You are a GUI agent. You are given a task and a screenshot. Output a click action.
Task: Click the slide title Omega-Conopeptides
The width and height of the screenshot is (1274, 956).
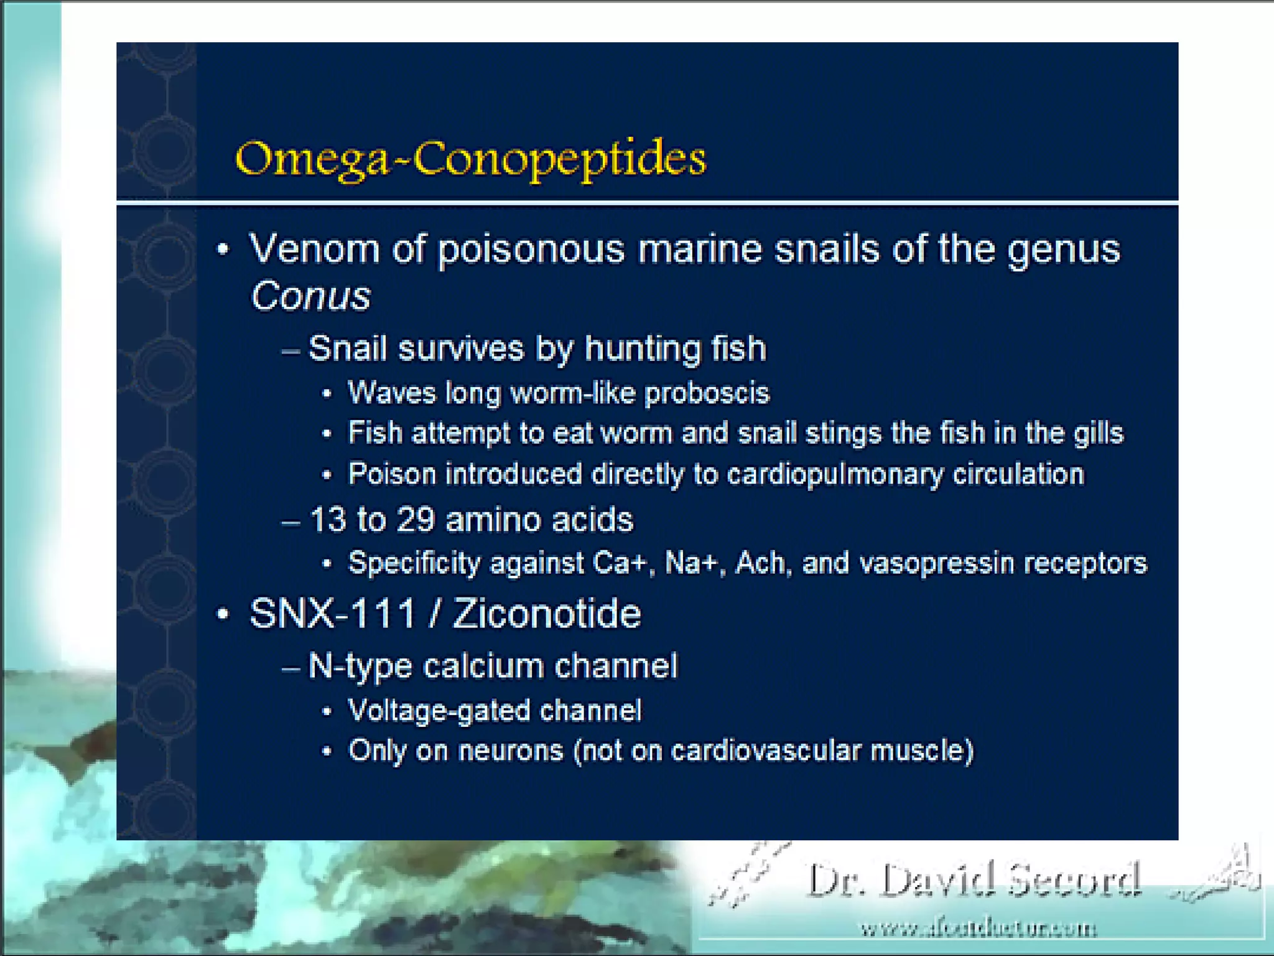[x=470, y=159]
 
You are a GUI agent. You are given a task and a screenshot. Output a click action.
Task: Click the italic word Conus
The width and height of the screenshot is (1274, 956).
[x=310, y=296]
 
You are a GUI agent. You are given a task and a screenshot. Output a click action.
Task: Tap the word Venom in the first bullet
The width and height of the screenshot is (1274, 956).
[x=314, y=249]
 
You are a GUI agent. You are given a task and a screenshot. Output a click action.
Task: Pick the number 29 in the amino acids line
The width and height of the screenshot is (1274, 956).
[x=415, y=520]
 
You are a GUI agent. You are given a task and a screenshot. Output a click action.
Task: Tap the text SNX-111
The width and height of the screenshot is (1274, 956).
[x=332, y=614]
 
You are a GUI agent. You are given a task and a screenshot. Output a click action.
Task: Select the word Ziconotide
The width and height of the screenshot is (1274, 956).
[x=547, y=614]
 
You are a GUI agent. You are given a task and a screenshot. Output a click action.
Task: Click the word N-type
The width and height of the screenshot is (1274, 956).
[x=360, y=666]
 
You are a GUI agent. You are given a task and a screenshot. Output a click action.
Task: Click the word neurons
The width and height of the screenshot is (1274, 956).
[x=510, y=751]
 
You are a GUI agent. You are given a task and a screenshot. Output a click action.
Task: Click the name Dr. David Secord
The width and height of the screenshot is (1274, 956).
[x=974, y=880]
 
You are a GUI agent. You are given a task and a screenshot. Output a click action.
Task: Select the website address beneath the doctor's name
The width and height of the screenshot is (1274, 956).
[x=978, y=929]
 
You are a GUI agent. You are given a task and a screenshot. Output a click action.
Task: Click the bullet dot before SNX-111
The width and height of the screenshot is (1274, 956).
[x=223, y=615]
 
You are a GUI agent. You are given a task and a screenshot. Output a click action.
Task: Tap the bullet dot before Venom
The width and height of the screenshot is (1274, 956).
[x=223, y=250]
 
